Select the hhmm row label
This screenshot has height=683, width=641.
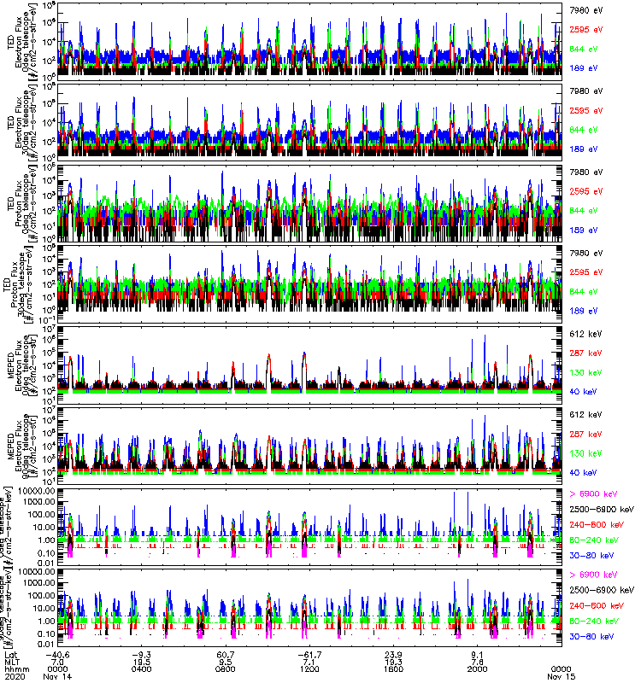pos(13,664)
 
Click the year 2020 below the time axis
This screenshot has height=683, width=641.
pos(12,673)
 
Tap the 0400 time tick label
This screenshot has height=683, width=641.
pos(142,664)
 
